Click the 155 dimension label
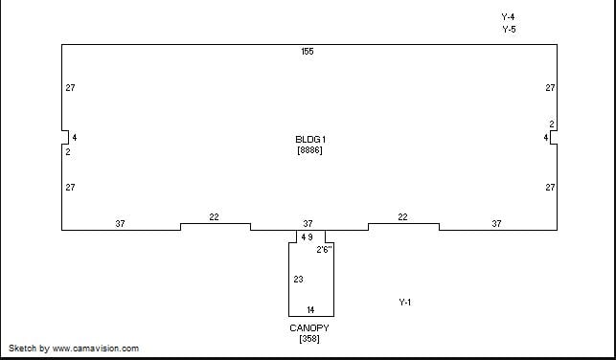click(x=308, y=52)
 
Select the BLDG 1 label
click(x=310, y=140)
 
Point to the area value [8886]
click(x=310, y=150)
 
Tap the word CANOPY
click(x=309, y=328)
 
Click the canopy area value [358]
click(x=309, y=338)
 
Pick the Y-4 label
click(x=508, y=17)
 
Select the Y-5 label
click(x=509, y=30)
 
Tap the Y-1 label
click(x=405, y=303)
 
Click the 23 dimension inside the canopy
click(x=298, y=280)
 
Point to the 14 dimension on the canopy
click(x=310, y=310)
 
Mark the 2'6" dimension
click(x=325, y=250)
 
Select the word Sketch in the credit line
click(x=23, y=349)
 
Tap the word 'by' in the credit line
click(x=44, y=349)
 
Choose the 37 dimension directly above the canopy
click(x=308, y=224)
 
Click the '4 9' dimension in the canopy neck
click(x=307, y=237)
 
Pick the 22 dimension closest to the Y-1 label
click(x=402, y=217)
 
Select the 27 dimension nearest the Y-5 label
click(x=550, y=88)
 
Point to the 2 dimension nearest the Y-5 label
click(x=552, y=124)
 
